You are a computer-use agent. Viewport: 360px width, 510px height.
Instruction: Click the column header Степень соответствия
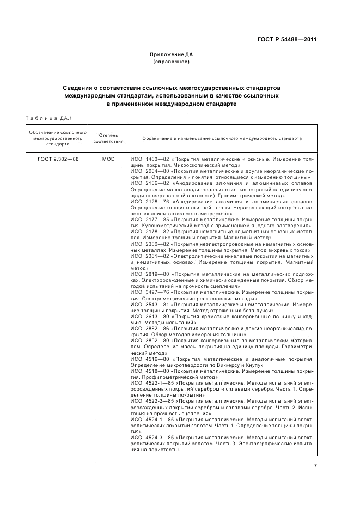coord(108,138)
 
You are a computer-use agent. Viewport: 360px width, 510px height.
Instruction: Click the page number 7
coord(315,466)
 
